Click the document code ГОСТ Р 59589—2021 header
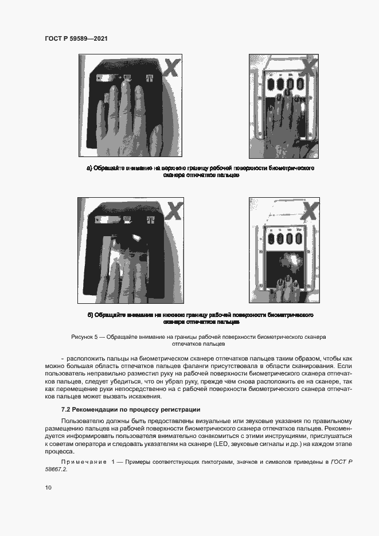pyautogui.click(x=76, y=38)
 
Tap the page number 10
pyautogui.click(x=48, y=487)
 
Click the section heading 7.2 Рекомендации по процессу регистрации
pyautogui.click(x=131, y=409)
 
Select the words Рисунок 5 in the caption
pyautogui.click(x=85, y=337)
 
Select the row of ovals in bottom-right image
pyautogui.click(x=282, y=237)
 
